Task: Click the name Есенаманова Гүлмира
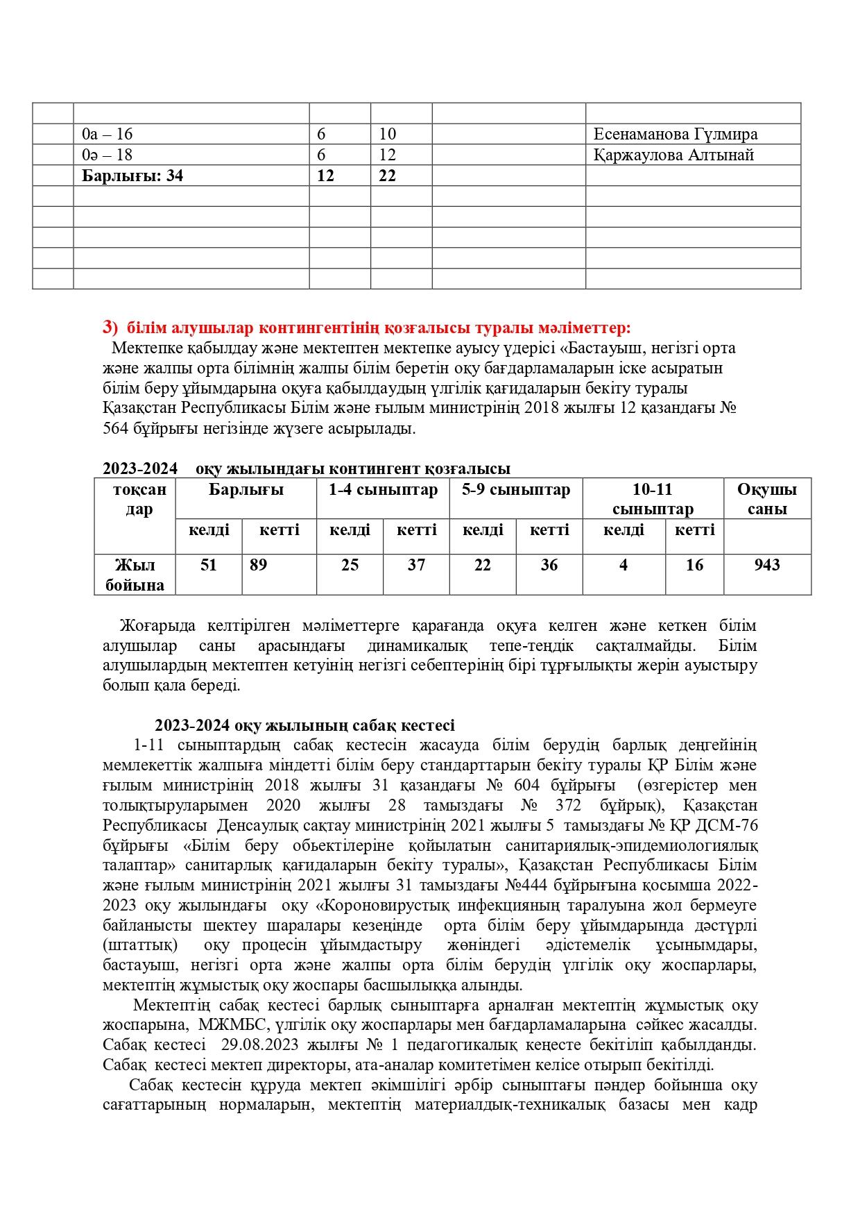(675, 135)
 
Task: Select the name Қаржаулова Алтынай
(673, 155)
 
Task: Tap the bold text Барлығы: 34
(132, 176)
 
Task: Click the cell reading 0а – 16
(107, 135)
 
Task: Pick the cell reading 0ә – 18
(107, 155)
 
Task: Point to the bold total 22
(387, 176)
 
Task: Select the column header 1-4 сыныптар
(383, 490)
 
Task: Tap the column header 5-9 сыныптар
(516, 490)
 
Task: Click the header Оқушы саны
(767, 499)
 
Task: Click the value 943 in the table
(767, 565)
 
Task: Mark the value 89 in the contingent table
(258, 565)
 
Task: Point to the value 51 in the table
(209, 565)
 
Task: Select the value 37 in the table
(416, 565)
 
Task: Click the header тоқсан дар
(139, 499)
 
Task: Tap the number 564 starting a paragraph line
(115, 428)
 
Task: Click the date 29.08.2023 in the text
(255, 1044)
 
